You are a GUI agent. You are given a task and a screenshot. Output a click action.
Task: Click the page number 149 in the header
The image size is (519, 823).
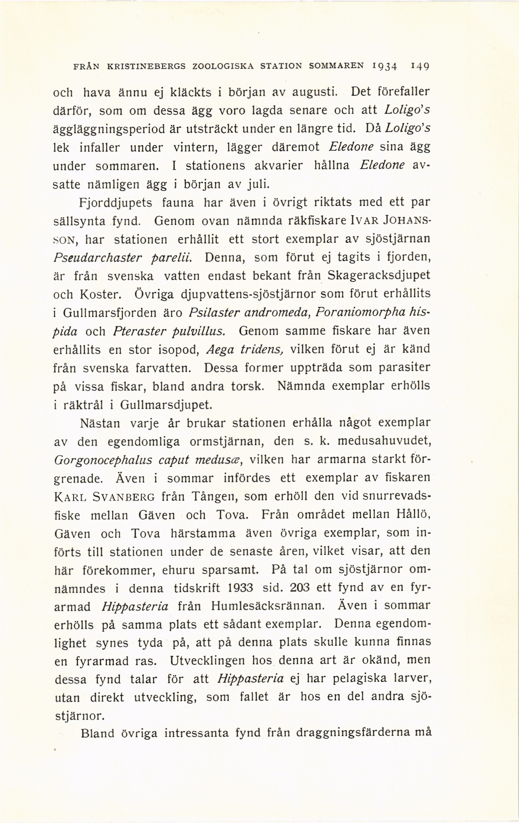coord(420,66)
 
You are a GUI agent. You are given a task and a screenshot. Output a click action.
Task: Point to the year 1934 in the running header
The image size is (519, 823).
coord(385,66)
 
